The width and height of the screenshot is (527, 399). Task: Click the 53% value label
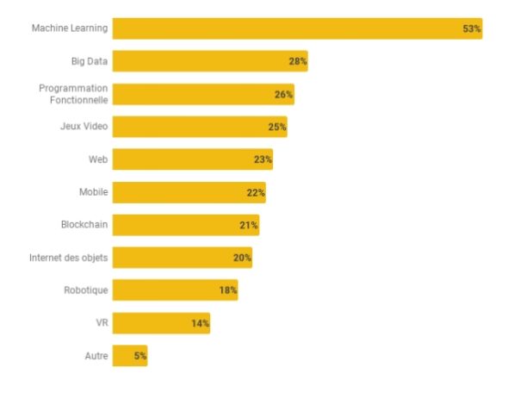[471, 28]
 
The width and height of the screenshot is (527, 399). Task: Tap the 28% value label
[298, 61]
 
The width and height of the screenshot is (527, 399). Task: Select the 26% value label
[284, 94]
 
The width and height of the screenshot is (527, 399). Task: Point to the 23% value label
[263, 159]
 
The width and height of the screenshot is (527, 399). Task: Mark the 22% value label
[256, 192]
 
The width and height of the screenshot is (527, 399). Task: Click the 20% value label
[242, 258]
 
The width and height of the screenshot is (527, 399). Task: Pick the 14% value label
[200, 323]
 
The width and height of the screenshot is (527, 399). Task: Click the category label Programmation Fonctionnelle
[74, 94]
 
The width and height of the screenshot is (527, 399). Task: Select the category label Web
[97, 159]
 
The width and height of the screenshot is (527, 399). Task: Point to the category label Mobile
[93, 192]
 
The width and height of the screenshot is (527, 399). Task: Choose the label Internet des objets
[69, 258]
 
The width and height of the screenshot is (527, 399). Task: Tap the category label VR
[102, 323]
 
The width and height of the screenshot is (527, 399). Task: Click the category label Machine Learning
[70, 28]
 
